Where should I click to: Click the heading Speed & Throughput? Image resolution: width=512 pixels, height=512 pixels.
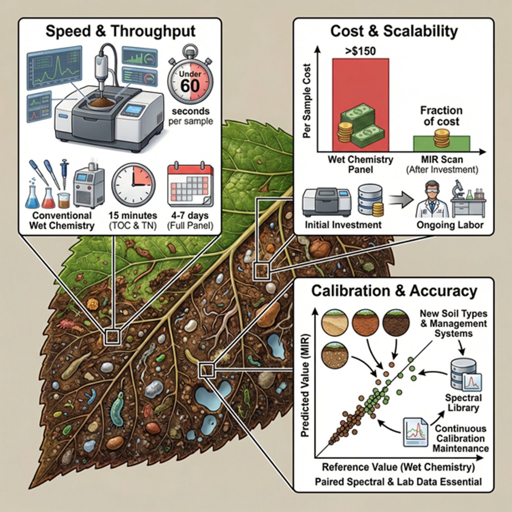(120, 31)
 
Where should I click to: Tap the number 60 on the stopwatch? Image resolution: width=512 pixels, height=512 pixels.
(190, 85)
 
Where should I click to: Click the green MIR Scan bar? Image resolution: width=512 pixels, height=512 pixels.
(441, 144)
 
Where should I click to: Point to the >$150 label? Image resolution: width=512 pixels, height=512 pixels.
(360, 51)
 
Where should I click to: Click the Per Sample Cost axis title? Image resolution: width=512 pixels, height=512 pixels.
(307, 101)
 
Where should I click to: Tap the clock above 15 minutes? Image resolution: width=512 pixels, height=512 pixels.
(133, 185)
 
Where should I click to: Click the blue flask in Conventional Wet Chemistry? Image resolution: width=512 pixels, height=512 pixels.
(32, 197)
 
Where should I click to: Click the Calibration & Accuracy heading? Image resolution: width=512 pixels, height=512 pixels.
(394, 291)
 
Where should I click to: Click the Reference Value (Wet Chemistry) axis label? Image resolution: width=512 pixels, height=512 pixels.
(398, 467)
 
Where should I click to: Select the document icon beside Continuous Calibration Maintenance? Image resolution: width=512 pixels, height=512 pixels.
(416, 432)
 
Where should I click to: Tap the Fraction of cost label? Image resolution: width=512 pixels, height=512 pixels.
(441, 116)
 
